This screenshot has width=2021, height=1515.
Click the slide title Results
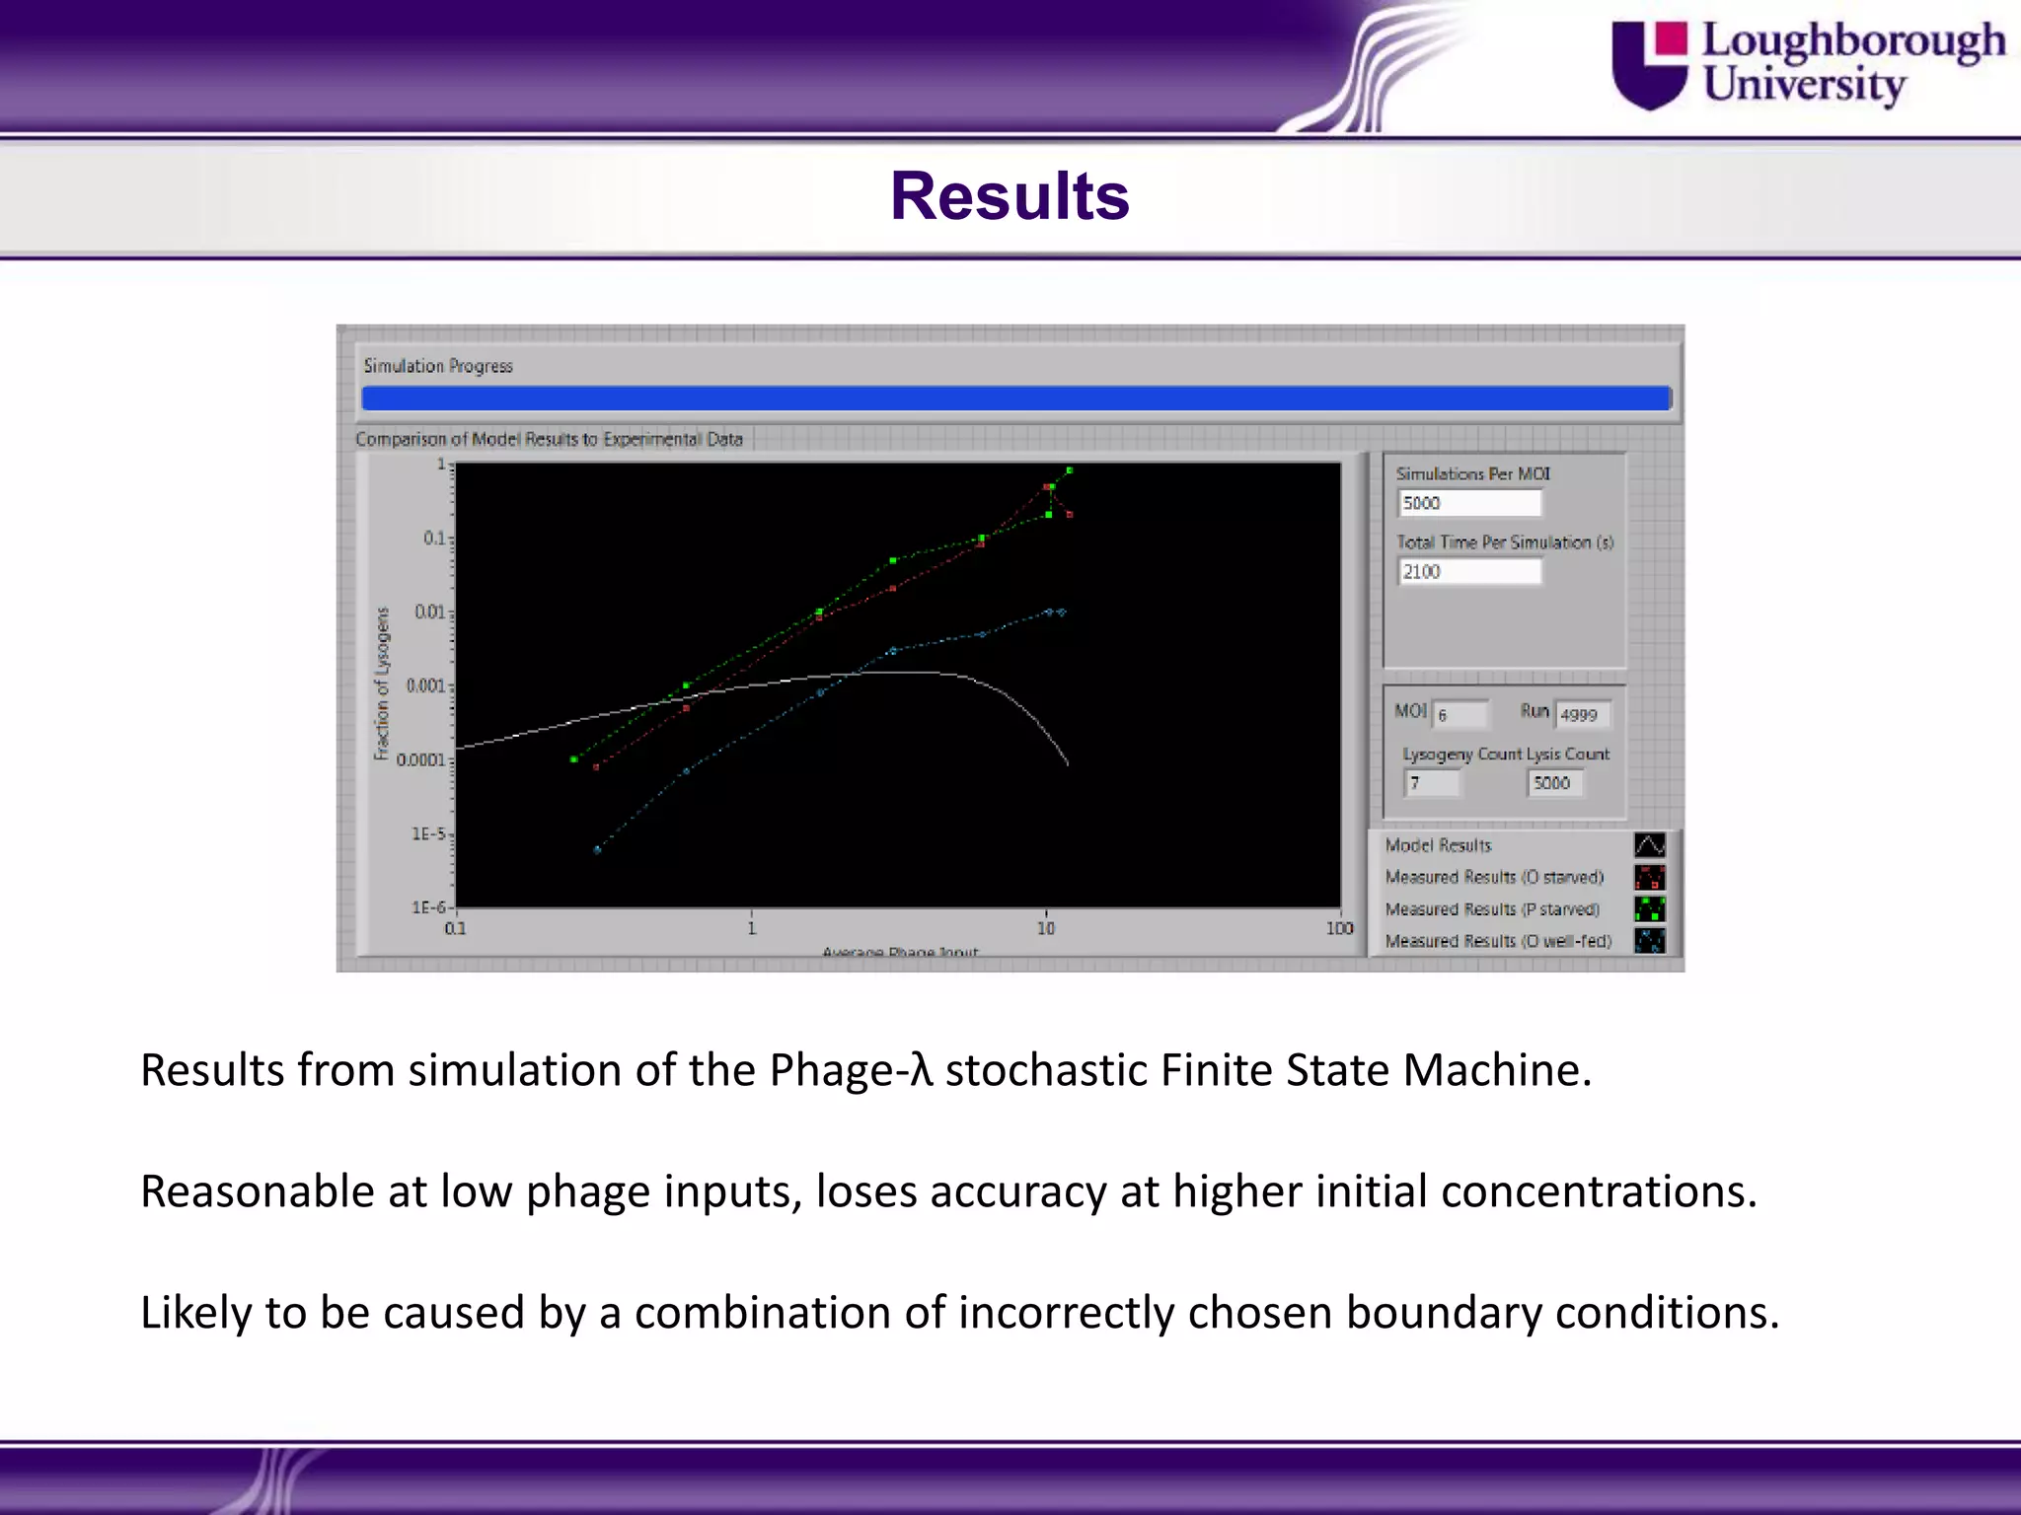(1010, 195)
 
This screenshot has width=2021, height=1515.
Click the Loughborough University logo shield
(1649, 65)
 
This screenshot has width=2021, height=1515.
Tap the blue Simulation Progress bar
(1015, 398)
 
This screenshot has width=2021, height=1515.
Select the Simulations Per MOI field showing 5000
(1468, 503)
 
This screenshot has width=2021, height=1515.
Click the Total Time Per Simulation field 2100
(1468, 572)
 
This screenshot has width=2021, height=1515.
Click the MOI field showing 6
(1460, 715)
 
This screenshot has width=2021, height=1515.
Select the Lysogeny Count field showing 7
(1431, 783)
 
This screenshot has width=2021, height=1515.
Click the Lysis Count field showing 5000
(1554, 783)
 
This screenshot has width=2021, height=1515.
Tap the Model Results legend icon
(1649, 845)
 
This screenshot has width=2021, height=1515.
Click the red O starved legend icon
(1649, 877)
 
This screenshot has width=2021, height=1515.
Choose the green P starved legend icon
(1649, 908)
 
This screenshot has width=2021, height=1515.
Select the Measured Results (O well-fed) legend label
(1498, 941)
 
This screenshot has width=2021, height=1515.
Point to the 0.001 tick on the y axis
(426, 685)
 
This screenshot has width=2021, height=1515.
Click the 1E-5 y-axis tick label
(428, 833)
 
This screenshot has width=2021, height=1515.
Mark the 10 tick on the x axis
(1046, 928)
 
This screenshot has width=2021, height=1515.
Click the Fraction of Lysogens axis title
(382, 684)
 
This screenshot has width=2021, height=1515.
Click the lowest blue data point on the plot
(597, 849)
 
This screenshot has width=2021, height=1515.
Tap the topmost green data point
(1070, 470)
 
